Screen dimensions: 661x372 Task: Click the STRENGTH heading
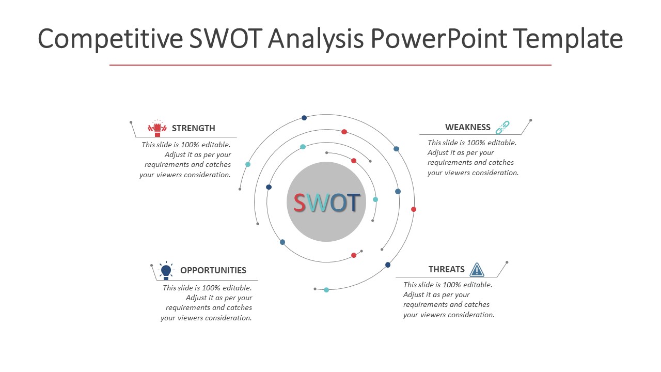click(193, 128)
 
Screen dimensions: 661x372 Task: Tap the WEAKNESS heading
click(468, 127)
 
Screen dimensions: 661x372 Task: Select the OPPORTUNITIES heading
click(213, 270)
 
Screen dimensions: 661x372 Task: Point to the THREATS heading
click(447, 269)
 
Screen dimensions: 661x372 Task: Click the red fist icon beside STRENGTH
click(158, 128)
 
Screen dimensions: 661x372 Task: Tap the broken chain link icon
click(502, 127)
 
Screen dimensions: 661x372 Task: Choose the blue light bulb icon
click(166, 270)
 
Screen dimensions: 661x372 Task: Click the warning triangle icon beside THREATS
click(477, 270)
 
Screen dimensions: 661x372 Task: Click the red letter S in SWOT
click(299, 203)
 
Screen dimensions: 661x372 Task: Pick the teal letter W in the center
click(318, 203)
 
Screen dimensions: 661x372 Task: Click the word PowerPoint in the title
click(439, 38)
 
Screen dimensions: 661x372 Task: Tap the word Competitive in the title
click(111, 39)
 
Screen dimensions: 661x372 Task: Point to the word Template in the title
click(568, 39)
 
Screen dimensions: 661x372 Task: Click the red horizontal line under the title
click(330, 65)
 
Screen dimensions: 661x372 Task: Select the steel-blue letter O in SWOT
click(338, 203)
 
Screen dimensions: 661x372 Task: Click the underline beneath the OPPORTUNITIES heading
click(207, 280)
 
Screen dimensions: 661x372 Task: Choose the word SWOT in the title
click(226, 38)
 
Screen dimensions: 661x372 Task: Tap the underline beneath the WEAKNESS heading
click(470, 135)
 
